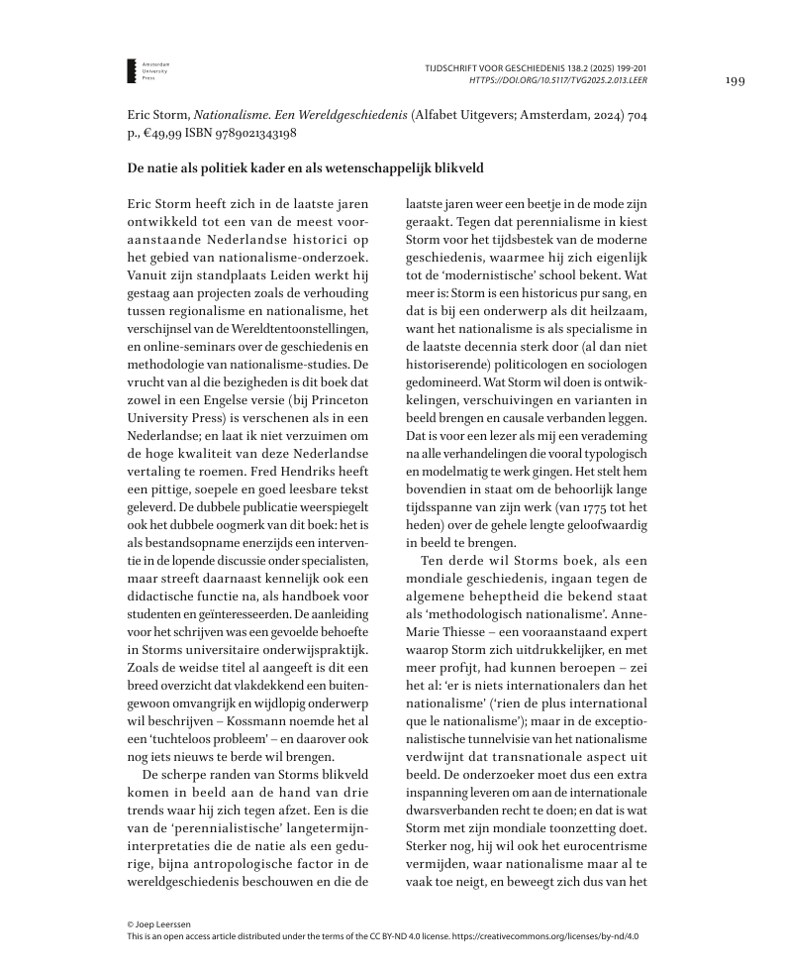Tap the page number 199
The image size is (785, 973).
[736, 80]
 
